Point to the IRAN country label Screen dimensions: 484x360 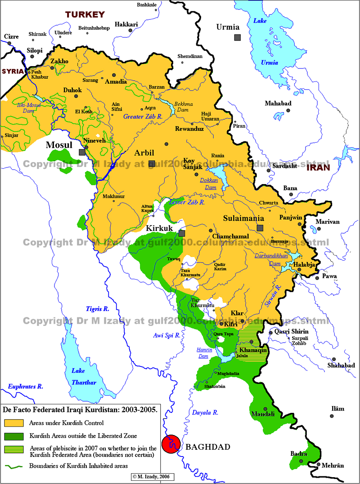pyautogui.click(x=318, y=167)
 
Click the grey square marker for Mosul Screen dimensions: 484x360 pyautogui.click(x=82, y=152)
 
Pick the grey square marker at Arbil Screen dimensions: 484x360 pyautogui.click(x=152, y=164)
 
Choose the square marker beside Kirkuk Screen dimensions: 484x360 pyautogui.click(x=182, y=233)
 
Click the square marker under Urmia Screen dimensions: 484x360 pyautogui.click(x=237, y=37)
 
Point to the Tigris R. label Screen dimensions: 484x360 pyautogui.click(x=98, y=308)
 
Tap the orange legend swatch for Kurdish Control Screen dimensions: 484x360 pyautogui.click(x=13, y=423)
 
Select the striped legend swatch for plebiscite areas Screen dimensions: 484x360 pyautogui.click(x=13, y=448)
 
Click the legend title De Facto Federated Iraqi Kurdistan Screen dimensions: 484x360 pyautogui.click(x=80, y=410)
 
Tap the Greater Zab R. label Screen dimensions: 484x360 pyautogui.click(x=143, y=117)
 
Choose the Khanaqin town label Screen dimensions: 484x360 pyautogui.click(x=253, y=350)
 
